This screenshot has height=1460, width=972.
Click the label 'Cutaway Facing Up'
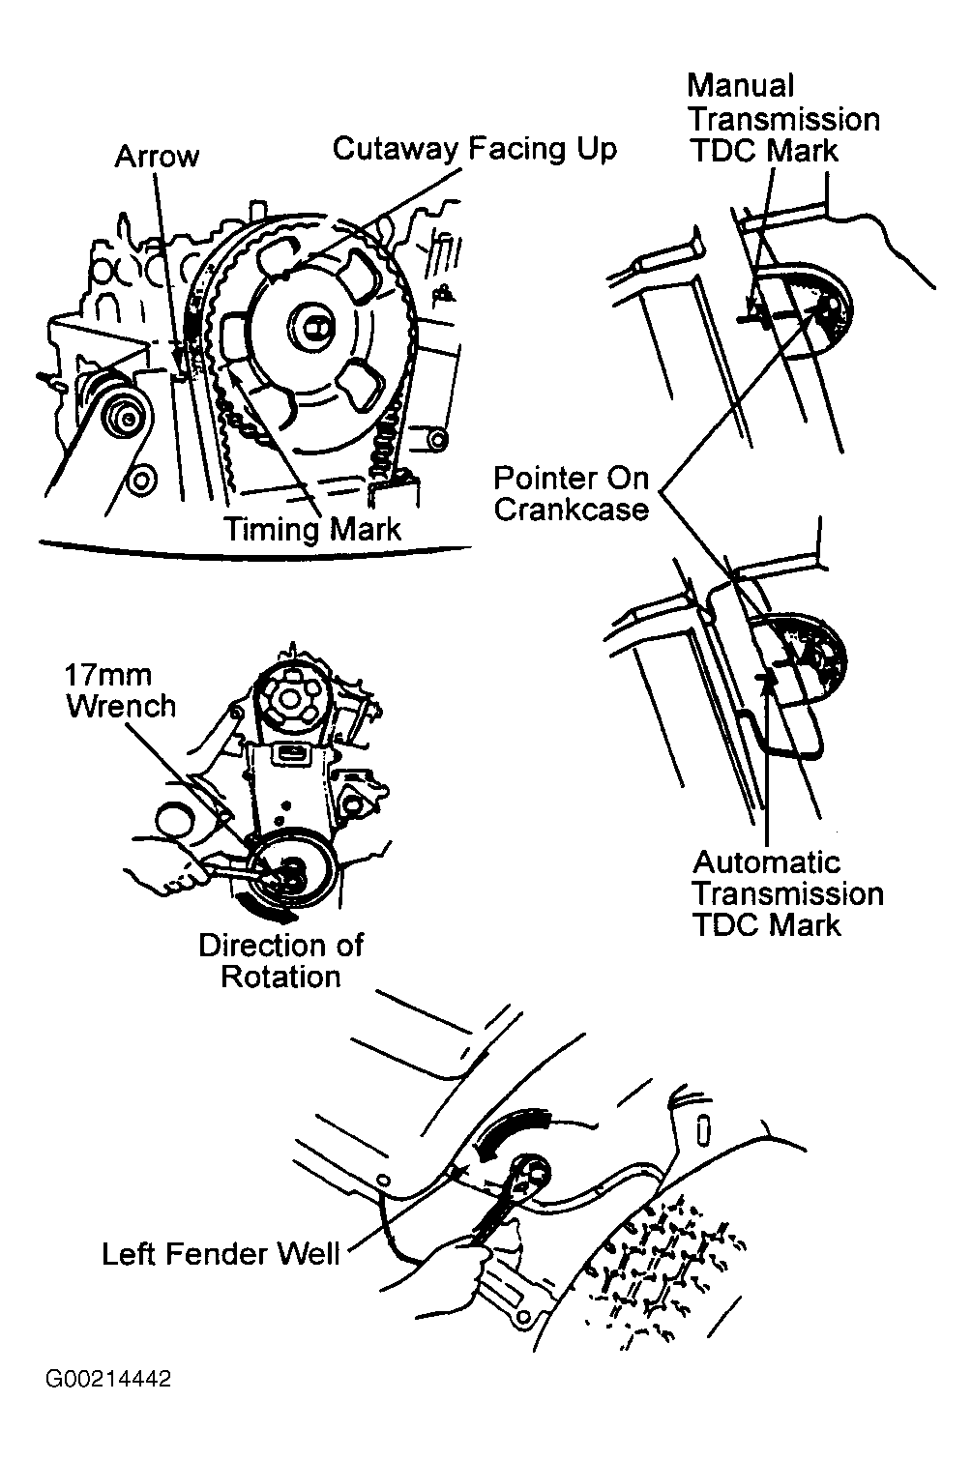coord(474,149)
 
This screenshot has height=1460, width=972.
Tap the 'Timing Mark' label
coord(312,529)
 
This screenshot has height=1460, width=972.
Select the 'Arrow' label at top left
coord(157,157)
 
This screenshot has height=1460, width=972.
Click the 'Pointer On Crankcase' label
coord(571,493)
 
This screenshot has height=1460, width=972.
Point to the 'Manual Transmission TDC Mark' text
coord(782,119)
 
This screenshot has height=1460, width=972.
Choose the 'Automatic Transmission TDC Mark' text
coord(787,893)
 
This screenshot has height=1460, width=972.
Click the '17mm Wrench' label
coord(120,690)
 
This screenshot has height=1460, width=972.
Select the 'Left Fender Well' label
coord(221,1254)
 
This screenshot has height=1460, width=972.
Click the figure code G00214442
coord(106,1380)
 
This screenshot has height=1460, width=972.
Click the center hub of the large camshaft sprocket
coord(314,324)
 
